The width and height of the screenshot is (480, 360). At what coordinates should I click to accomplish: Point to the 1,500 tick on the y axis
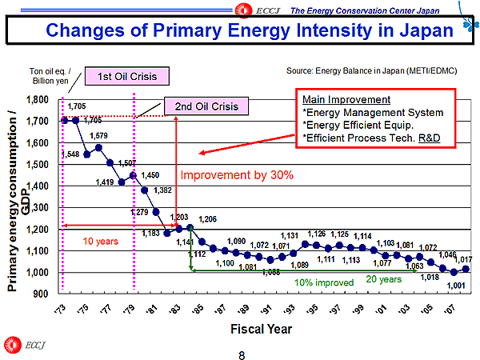(x=34, y=165)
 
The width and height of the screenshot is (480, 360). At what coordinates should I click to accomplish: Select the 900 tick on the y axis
(x=39, y=294)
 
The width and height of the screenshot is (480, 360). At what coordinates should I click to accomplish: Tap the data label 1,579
(x=99, y=136)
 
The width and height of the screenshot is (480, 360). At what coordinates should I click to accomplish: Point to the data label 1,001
(x=456, y=286)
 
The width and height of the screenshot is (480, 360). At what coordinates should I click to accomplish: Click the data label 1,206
(x=209, y=219)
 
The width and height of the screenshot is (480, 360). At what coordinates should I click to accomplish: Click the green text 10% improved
(x=323, y=282)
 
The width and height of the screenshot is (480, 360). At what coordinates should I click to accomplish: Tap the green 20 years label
(x=383, y=279)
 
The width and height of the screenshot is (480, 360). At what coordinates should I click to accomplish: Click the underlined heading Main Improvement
(x=346, y=100)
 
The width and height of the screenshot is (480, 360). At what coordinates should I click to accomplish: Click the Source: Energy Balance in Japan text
(x=371, y=71)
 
